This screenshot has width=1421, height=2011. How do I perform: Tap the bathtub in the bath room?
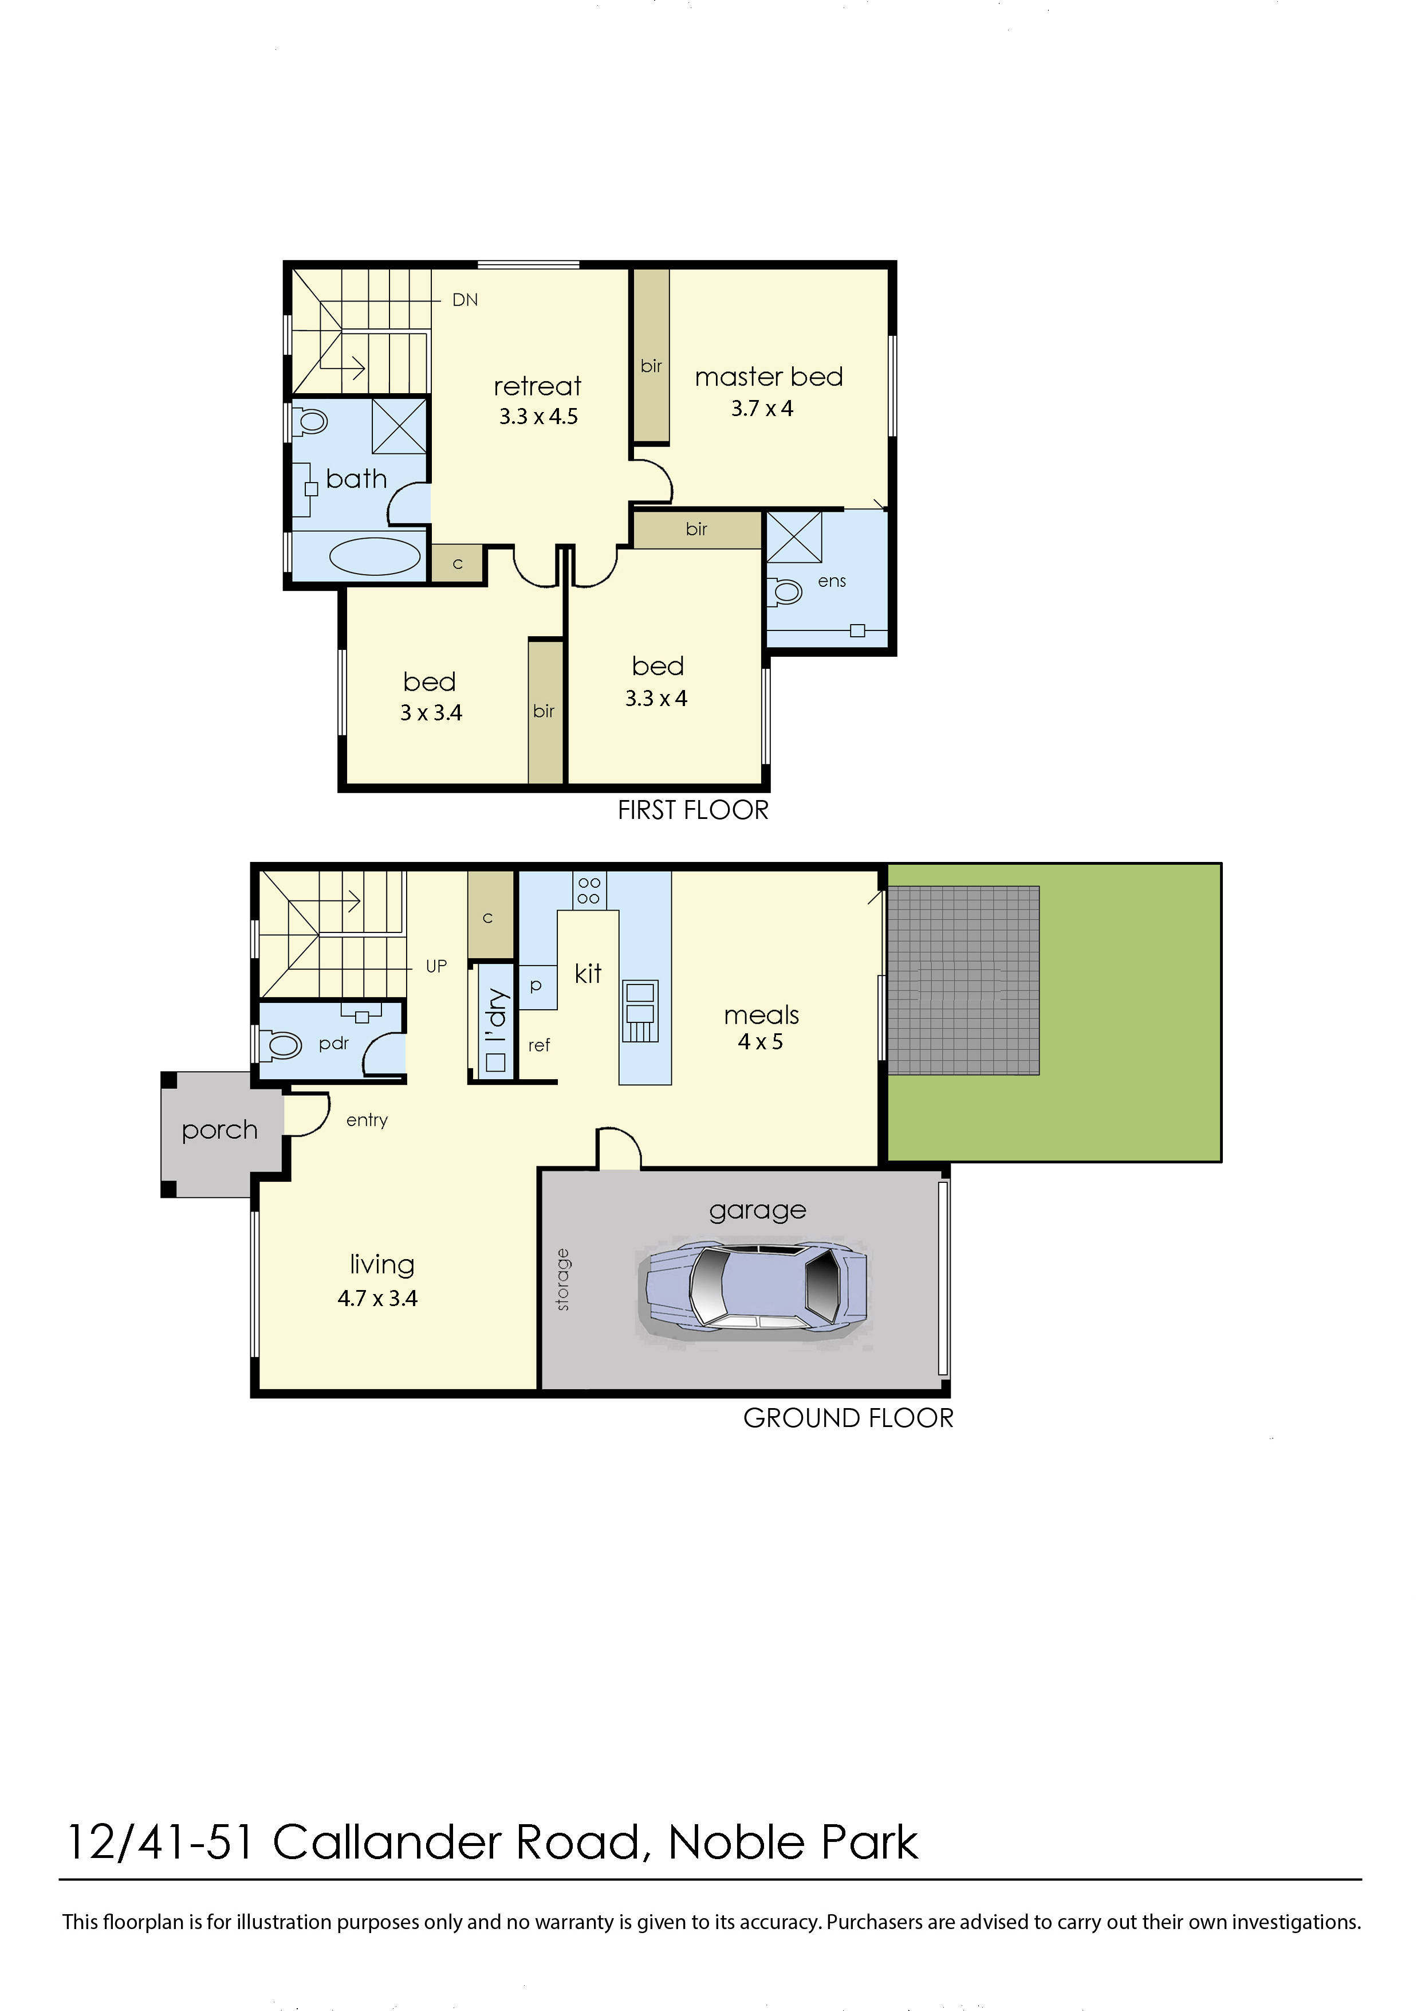pyautogui.click(x=375, y=556)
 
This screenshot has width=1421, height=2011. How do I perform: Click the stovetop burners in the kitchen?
pyautogui.click(x=589, y=890)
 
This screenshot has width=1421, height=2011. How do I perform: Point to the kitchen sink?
pyautogui.click(x=639, y=1011)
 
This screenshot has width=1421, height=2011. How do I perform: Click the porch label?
pyautogui.click(x=220, y=1131)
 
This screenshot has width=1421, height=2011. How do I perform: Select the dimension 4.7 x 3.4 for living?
pyautogui.click(x=377, y=1298)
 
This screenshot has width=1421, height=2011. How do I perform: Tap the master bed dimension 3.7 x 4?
pyautogui.click(x=762, y=409)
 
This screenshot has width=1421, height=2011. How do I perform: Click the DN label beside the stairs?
pyautogui.click(x=465, y=300)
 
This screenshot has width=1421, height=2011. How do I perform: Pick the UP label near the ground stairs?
pyautogui.click(x=436, y=966)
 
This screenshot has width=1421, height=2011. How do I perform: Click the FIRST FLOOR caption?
pyautogui.click(x=692, y=810)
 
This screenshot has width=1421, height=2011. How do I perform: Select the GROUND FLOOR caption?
pyautogui.click(x=848, y=1418)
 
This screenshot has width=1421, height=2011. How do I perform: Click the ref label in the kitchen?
pyautogui.click(x=538, y=1045)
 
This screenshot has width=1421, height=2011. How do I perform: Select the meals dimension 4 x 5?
pyautogui.click(x=760, y=1042)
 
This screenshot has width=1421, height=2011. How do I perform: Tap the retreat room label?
pyautogui.click(x=538, y=386)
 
